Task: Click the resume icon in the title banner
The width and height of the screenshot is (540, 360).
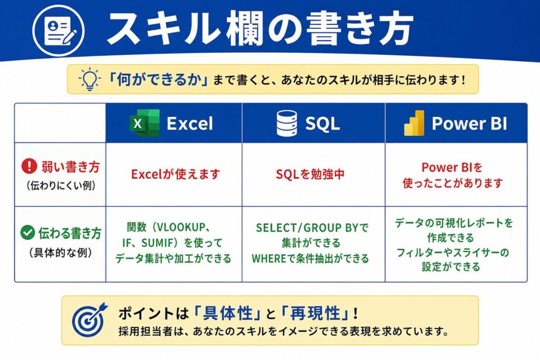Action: (x=59, y=31)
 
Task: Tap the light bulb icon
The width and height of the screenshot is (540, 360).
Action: (x=89, y=79)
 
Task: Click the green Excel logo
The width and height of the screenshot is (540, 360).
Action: (x=144, y=123)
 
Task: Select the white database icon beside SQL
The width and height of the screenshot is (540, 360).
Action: (x=286, y=123)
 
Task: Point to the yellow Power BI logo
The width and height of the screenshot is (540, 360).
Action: (x=414, y=123)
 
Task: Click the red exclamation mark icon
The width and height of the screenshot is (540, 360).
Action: (x=30, y=166)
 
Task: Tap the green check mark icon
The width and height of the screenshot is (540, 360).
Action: (x=27, y=232)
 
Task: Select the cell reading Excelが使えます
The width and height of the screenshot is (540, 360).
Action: (x=176, y=174)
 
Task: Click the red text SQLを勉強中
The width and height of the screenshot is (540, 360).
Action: (x=310, y=174)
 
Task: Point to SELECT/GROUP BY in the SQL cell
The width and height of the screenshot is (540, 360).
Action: (x=303, y=228)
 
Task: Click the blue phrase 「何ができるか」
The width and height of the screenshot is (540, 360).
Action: (x=158, y=80)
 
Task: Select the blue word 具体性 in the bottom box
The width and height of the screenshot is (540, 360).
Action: (x=228, y=313)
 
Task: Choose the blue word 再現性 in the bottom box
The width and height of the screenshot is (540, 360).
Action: (x=315, y=313)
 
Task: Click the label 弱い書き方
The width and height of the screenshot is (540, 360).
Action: (x=71, y=167)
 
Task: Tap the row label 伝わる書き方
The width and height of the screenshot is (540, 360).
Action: (x=70, y=233)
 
